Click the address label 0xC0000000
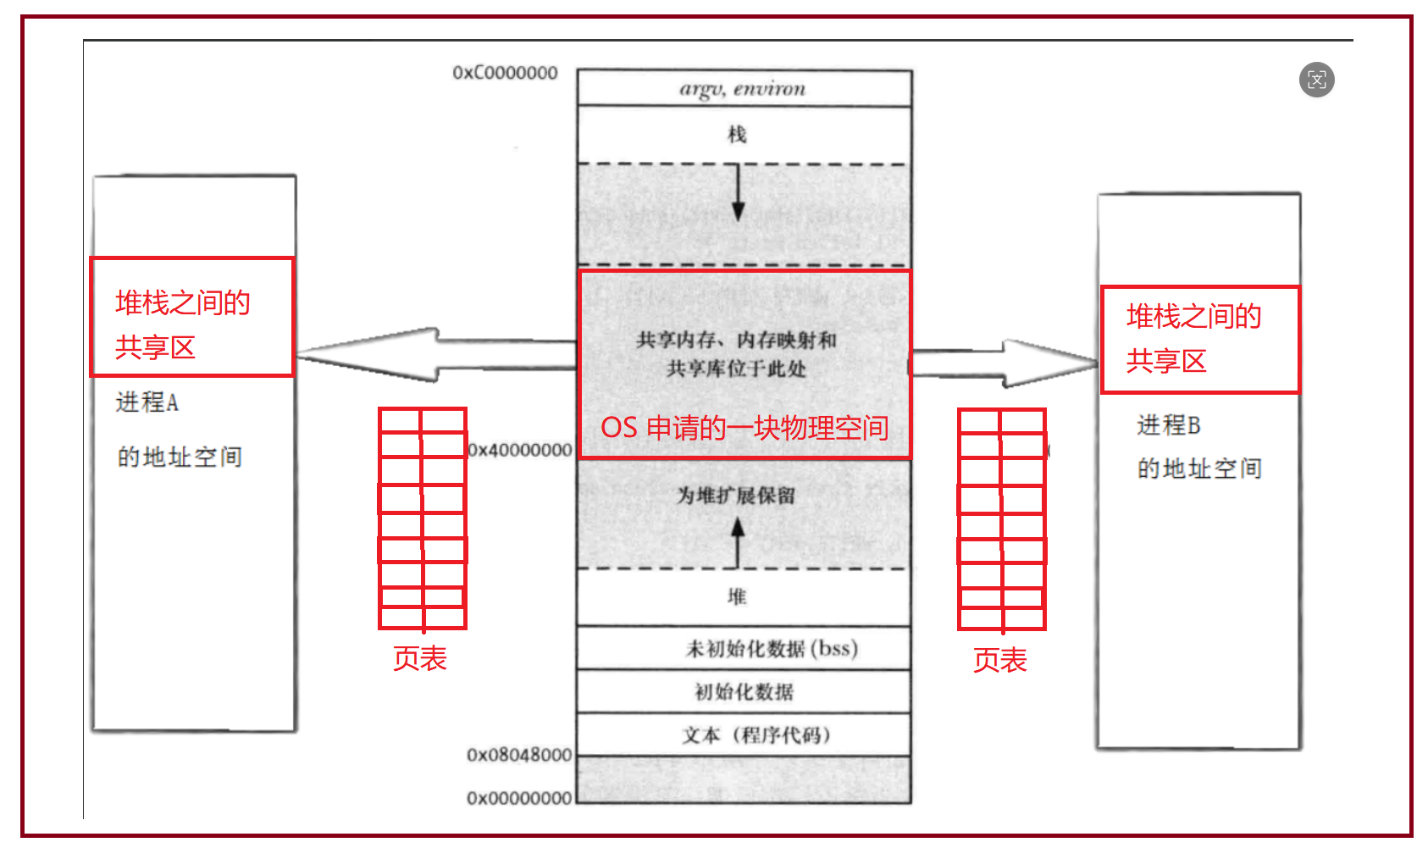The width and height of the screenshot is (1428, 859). [505, 73]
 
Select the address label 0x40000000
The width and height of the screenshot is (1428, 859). [520, 450]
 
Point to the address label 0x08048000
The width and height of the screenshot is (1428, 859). [518, 755]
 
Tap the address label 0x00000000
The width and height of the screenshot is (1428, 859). [518, 798]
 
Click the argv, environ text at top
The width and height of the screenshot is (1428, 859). [742, 89]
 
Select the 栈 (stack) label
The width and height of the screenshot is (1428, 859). [737, 134]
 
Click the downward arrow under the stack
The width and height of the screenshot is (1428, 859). [738, 191]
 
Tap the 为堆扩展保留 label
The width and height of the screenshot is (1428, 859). [735, 496]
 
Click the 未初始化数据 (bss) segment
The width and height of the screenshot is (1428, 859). [771, 649]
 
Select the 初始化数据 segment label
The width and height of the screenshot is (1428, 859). [744, 692]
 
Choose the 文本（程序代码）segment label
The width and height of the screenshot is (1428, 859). [756, 734]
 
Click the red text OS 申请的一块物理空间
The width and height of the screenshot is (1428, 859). [744, 428]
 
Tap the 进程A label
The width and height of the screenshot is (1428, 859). [147, 402]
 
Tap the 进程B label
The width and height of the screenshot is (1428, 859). [1168, 425]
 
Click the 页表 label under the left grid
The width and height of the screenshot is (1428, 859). [419, 658]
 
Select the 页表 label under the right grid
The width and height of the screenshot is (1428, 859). [999, 660]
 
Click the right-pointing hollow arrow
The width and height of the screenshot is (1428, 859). [1016, 363]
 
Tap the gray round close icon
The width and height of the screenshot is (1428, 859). [1316, 80]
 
